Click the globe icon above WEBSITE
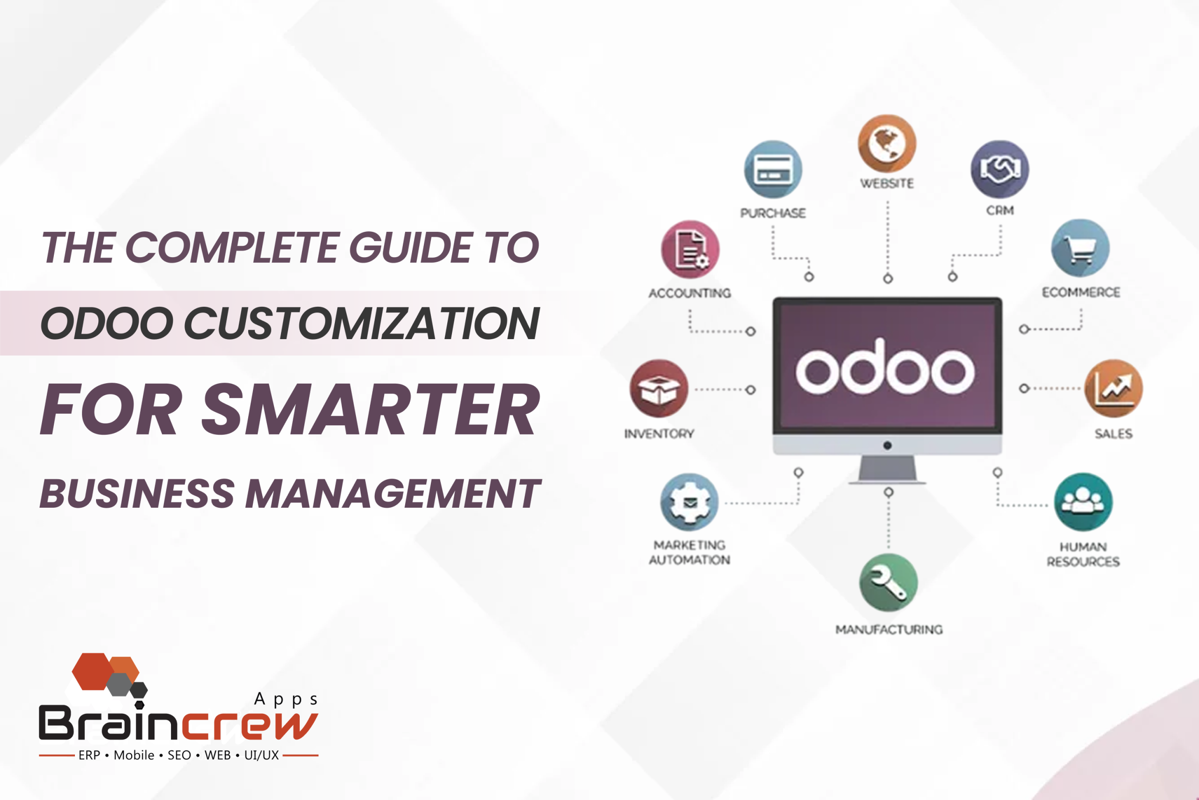point(887,143)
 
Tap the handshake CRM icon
point(999,170)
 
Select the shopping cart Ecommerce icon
point(1080,248)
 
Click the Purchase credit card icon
point(773,170)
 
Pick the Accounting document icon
point(690,250)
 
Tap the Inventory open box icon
point(659,389)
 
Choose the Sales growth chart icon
point(1113,389)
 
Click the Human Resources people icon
point(1083,502)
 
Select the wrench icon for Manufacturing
point(888,583)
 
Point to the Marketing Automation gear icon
point(689,502)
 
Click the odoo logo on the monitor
point(885,368)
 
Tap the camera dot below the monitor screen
point(887,446)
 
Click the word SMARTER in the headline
point(371,410)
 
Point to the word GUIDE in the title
point(410,248)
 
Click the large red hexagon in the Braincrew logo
point(93,672)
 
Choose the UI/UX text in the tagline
point(261,755)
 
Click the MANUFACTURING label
point(889,630)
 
